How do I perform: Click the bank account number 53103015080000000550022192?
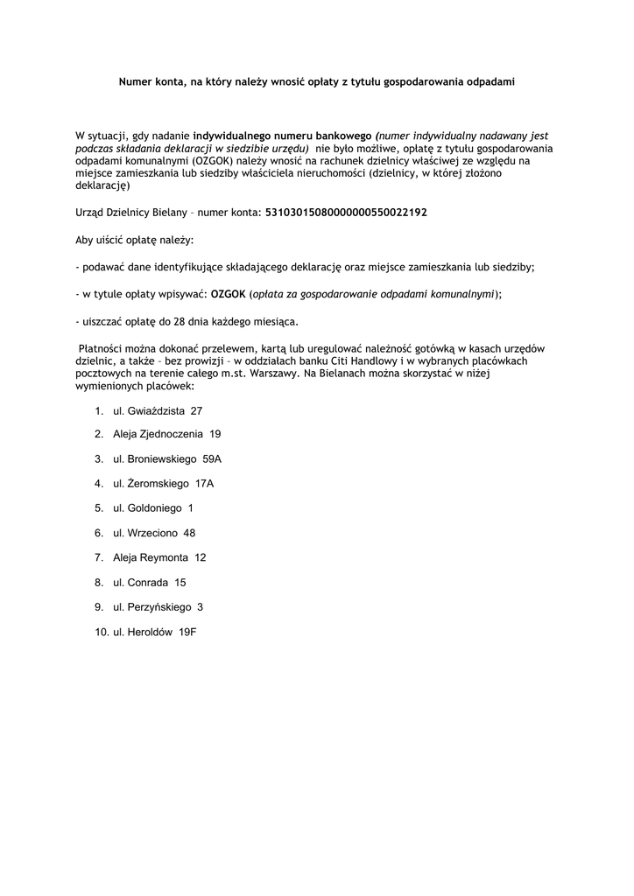point(346,213)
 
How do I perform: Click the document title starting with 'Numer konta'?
point(317,81)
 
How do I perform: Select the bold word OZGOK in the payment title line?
point(229,294)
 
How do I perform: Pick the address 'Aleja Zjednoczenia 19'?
point(166,434)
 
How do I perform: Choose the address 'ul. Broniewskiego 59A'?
point(167,458)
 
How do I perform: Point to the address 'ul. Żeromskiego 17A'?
point(163,483)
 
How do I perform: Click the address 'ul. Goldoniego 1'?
point(153,507)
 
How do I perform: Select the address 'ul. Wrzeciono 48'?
point(154,533)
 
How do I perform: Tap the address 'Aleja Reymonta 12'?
point(159,557)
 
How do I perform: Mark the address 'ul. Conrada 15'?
point(150,582)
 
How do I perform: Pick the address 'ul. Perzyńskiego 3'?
point(158,606)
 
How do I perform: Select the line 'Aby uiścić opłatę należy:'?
point(135,240)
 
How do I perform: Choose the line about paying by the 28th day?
point(187,320)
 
